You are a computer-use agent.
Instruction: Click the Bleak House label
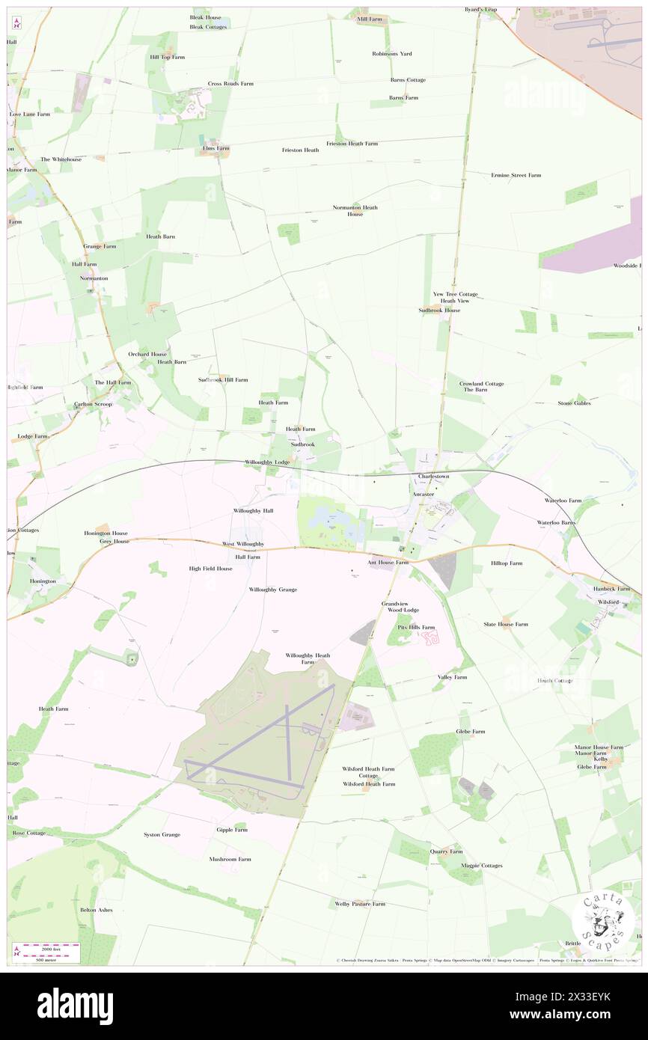pos(205,17)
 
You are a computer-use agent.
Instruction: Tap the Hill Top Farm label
pos(167,57)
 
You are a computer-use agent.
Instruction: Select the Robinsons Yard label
pos(392,54)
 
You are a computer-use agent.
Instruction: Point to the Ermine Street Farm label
pos(516,175)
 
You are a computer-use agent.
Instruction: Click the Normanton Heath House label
pos(355,211)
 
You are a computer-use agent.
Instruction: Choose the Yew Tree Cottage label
pos(455,294)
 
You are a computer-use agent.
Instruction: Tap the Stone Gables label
pos(574,403)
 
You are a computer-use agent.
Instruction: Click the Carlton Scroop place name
pos(93,404)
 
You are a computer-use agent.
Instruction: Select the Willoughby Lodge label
pos(267,462)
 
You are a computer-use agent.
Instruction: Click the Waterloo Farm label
pos(563,500)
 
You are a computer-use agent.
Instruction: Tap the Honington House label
pos(106,533)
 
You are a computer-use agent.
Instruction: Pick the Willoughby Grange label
pos(272,590)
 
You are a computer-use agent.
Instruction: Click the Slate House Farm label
pos(505,624)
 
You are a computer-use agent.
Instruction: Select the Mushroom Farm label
pos(230,859)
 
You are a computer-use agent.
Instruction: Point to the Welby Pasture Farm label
pos(360,904)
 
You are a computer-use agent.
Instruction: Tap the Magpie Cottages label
pos(481,866)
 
